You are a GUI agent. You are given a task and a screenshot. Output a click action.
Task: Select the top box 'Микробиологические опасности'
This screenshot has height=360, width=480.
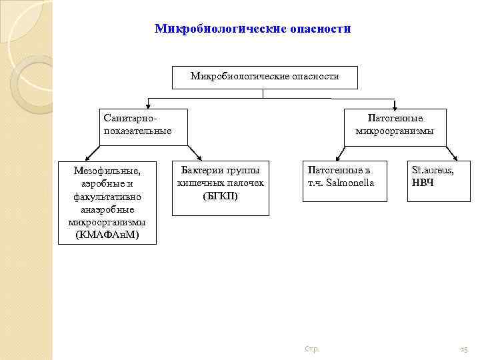[x=265, y=77]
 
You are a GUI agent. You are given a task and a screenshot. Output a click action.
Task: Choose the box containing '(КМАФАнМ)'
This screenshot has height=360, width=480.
[x=107, y=202]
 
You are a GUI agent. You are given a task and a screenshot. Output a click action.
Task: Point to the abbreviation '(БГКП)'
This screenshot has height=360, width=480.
[x=220, y=196]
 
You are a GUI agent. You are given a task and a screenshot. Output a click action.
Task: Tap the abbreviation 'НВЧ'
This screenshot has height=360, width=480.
[x=423, y=183]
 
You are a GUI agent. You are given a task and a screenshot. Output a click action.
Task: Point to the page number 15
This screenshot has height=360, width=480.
[x=464, y=349]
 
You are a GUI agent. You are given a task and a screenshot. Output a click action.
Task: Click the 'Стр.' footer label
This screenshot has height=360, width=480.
[x=311, y=349]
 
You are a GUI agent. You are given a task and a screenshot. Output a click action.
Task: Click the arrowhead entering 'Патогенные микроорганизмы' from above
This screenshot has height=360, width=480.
[x=395, y=106]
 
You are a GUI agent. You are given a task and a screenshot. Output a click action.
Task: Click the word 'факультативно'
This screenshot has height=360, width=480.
[x=107, y=196]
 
